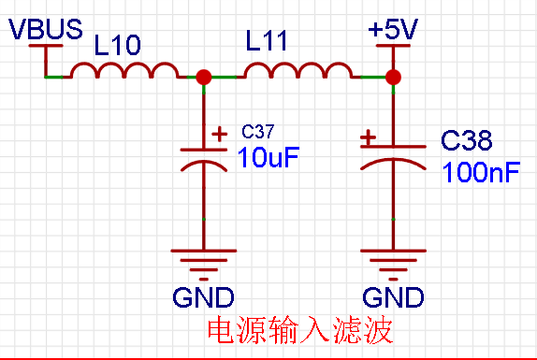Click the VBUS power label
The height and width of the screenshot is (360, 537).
point(46,29)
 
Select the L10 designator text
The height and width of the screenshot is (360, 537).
point(117,45)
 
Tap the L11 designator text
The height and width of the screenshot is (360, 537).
point(267,41)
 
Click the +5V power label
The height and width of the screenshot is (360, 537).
point(393,29)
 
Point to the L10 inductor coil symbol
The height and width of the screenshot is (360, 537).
point(124,70)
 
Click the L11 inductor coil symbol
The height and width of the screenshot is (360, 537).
point(298,70)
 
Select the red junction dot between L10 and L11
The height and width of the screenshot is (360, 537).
point(204,77)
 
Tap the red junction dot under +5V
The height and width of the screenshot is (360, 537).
point(393,77)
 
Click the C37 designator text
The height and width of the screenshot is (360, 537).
point(257,132)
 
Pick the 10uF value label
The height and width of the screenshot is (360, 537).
point(268,157)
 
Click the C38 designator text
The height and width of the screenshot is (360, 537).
point(467,140)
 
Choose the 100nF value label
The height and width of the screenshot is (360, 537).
point(481,172)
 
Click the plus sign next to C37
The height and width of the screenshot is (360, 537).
point(220,134)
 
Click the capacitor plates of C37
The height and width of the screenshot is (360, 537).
point(204,160)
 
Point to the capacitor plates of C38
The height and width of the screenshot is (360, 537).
point(393,157)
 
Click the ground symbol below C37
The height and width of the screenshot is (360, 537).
point(204,266)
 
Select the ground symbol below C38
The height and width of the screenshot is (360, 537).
point(393,266)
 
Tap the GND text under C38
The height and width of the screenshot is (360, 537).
point(393,297)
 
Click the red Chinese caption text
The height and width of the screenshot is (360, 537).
point(300,330)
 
